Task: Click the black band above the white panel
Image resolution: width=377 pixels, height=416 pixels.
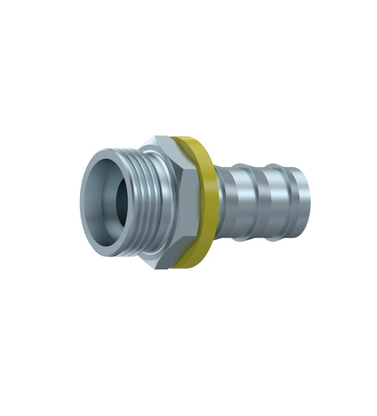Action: click(x=188, y=21)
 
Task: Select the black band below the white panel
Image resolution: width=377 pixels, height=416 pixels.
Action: click(x=188, y=395)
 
